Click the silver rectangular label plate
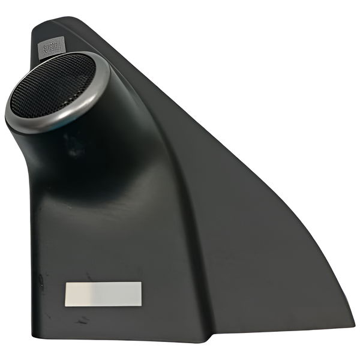(x=103, y=294)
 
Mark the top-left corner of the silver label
(x=65, y=283)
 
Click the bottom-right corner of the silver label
(x=142, y=305)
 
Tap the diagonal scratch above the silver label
(x=89, y=277)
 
